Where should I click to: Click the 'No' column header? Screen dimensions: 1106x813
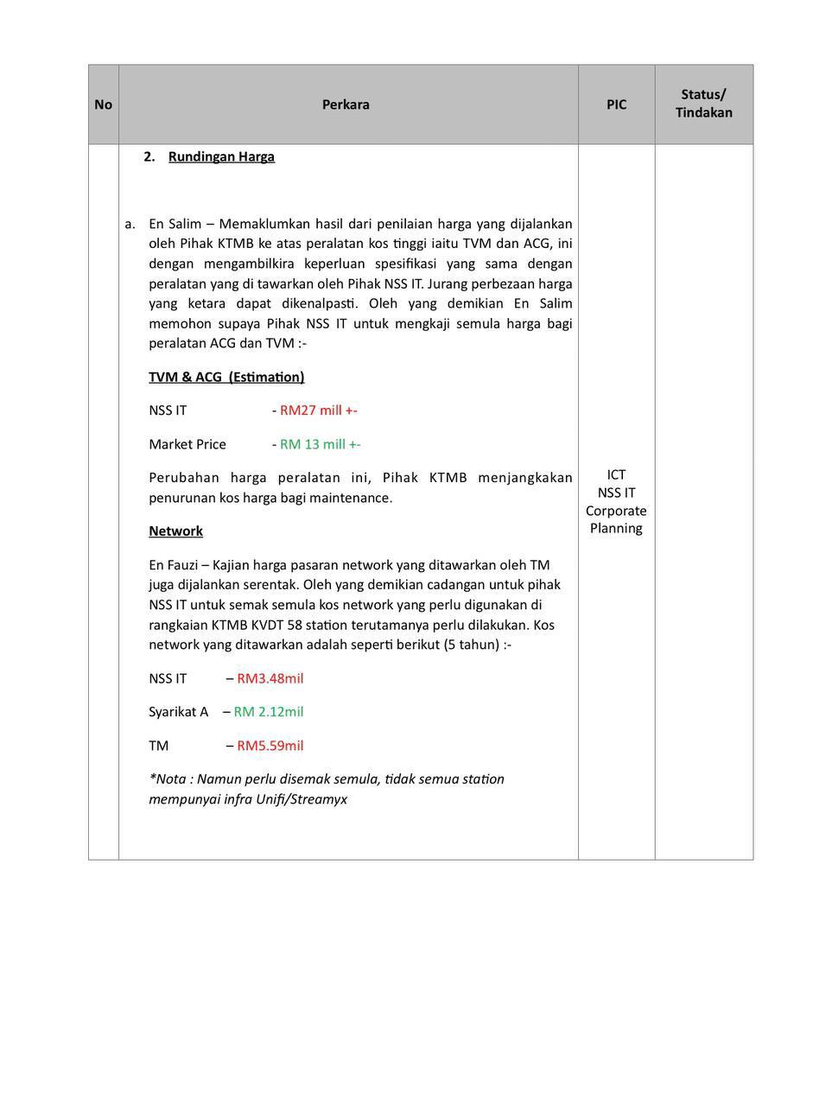103,105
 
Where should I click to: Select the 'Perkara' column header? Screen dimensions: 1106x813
346,105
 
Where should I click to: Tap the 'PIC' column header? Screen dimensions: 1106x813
616,105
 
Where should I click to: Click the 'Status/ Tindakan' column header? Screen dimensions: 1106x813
703,105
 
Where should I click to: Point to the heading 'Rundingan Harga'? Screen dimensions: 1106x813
221,156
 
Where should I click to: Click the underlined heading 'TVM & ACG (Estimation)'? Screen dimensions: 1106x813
226,377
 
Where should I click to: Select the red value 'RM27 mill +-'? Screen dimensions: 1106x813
318,410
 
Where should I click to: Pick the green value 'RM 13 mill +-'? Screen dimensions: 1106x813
320,444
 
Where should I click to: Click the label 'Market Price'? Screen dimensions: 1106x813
187,444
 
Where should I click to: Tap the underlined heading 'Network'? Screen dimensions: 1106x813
175,531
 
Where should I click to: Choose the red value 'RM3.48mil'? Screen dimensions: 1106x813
270,678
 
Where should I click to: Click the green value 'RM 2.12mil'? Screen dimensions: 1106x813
269,712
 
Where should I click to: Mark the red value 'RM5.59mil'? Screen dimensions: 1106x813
270,746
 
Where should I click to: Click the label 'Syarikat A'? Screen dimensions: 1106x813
178,712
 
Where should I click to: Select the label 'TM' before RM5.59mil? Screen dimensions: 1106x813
158,746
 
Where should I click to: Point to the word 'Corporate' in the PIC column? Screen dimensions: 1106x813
616,511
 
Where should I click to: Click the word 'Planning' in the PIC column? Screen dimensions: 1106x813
616,528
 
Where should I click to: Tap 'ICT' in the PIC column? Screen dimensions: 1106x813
616,474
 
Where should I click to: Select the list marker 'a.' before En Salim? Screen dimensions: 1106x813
130,224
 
